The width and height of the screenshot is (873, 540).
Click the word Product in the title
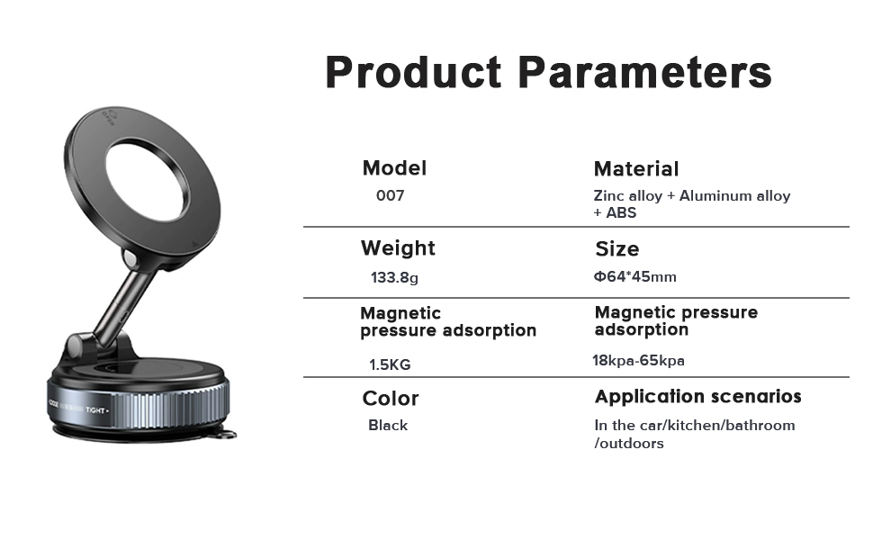click(413, 72)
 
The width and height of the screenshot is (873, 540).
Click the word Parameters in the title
click(644, 72)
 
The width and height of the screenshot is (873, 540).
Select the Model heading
click(394, 168)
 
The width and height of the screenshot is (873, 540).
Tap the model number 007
click(391, 195)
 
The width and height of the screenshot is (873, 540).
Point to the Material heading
click(636, 168)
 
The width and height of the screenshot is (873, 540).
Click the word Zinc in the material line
click(607, 196)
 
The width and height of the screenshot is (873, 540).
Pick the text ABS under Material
click(621, 212)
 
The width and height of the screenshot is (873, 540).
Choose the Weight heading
click(398, 248)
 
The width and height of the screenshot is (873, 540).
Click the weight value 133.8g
click(394, 277)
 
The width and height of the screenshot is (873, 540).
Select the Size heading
click(616, 248)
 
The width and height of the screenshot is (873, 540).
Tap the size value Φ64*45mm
click(634, 276)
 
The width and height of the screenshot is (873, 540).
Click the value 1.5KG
click(390, 364)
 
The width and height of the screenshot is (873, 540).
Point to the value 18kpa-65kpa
click(638, 361)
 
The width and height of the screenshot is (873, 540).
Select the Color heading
click(391, 399)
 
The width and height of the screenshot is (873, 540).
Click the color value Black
click(388, 426)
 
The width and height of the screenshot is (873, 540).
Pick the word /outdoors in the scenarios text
click(628, 443)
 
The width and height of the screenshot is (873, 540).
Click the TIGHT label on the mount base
click(95, 410)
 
